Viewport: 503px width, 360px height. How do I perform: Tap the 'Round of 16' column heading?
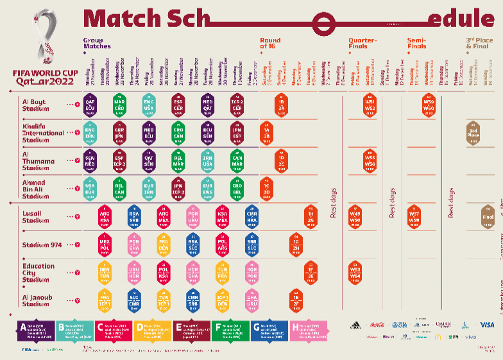point(270,44)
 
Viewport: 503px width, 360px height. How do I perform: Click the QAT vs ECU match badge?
point(90,103)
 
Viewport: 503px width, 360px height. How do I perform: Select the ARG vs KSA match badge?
point(105,216)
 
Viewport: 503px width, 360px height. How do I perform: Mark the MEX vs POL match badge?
point(105,244)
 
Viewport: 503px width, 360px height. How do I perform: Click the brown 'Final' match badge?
point(488,216)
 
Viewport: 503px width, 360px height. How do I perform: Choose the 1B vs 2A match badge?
point(281,104)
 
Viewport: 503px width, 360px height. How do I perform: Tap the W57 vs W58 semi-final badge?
point(414,216)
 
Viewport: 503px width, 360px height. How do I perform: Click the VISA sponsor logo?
point(487,325)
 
